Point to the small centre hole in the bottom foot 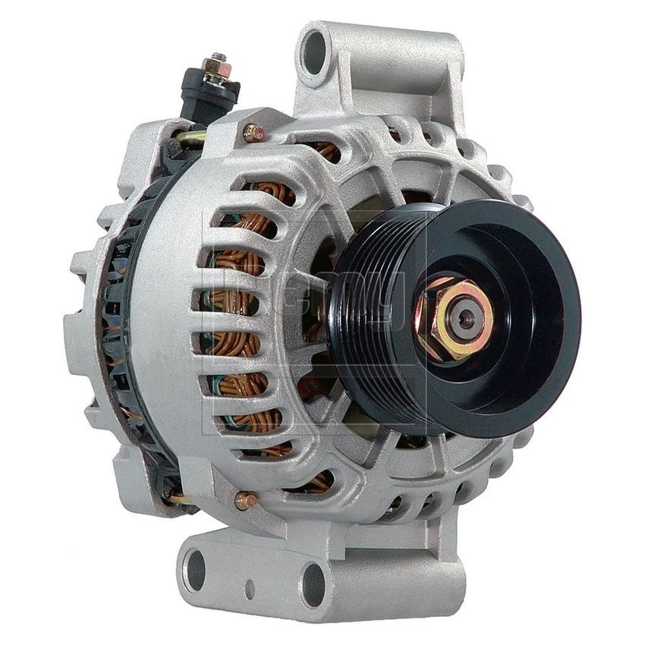click(x=250, y=587)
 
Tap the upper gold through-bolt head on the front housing click(x=253, y=133)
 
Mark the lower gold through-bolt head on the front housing click(x=244, y=500)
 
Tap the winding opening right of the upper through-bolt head click(x=326, y=152)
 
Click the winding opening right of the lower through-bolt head click(x=319, y=481)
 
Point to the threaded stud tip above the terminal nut click(x=219, y=58)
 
